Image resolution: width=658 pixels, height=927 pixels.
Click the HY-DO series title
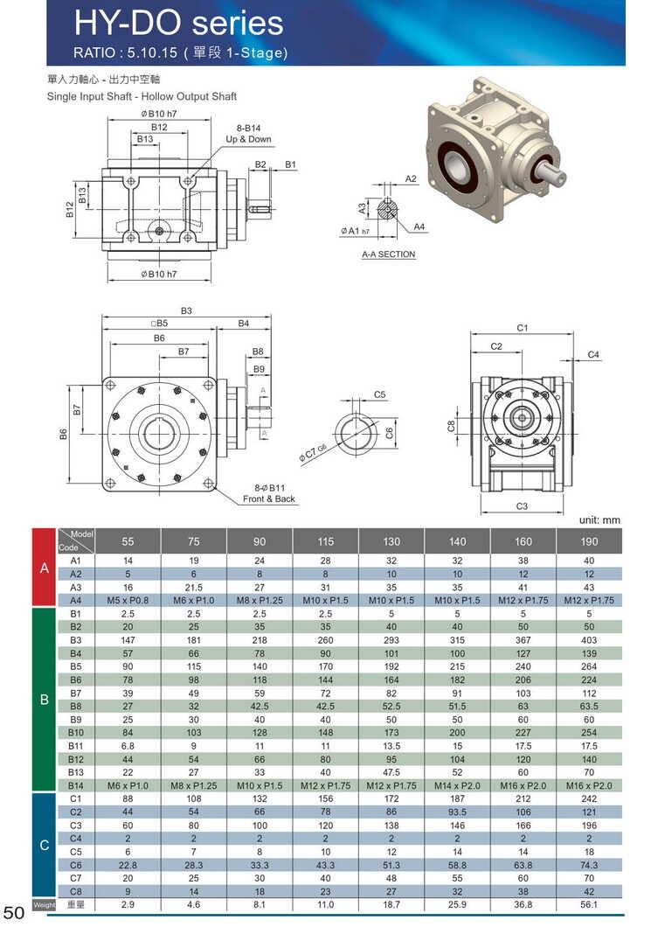pyautogui.click(x=178, y=23)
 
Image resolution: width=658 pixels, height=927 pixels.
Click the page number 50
pyautogui.click(x=14, y=914)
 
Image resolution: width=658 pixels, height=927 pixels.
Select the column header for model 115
pyautogui.click(x=326, y=541)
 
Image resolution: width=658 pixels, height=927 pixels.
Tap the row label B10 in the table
pyautogui.click(x=75, y=731)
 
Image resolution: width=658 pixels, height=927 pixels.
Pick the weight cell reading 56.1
pyautogui.click(x=589, y=904)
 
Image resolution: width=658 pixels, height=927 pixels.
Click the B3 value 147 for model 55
pyautogui.click(x=128, y=639)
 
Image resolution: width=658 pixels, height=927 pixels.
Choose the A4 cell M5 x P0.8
pyautogui.click(x=128, y=600)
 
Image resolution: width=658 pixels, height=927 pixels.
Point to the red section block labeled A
pyautogui.click(x=44, y=568)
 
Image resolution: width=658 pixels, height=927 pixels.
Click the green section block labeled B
pyautogui.click(x=44, y=700)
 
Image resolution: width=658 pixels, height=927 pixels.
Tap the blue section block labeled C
pyautogui.click(x=44, y=845)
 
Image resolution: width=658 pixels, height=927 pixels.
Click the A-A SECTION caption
pyautogui.click(x=389, y=254)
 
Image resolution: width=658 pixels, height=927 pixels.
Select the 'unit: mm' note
pyautogui.click(x=599, y=519)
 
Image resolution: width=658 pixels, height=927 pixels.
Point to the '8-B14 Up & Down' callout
pyautogui.click(x=248, y=134)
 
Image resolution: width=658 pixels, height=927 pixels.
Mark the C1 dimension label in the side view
pyautogui.click(x=522, y=328)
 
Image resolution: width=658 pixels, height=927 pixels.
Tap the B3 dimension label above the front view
pyautogui.click(x=186, y=310)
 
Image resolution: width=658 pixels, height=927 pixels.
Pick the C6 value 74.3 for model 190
pyautogui.click(x=589, y=864)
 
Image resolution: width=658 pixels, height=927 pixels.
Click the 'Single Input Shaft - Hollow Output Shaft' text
pyautogui.click(x=142, y=96)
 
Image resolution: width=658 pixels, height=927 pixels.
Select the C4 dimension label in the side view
pyautogui.click(x=593, y=354)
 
